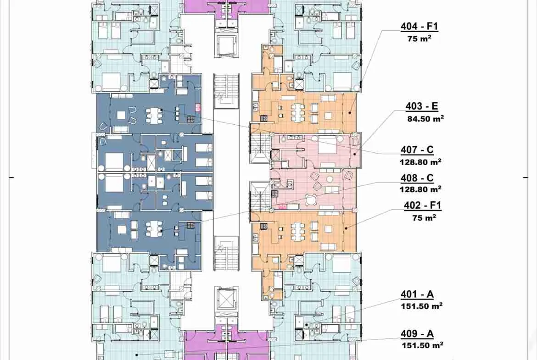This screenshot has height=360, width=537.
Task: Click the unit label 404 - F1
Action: coord(419,26)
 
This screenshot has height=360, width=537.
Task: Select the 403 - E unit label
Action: coord(422,106)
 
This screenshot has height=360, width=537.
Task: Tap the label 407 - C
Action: coord(417,150)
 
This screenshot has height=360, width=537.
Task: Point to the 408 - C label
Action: coord(417,178)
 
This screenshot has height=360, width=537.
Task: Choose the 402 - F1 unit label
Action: coord(423,205)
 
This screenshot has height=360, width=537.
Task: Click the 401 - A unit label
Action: coord(417,294)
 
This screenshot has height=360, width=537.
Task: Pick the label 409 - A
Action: coord(417,334)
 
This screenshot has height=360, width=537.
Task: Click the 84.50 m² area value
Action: coord(425,119)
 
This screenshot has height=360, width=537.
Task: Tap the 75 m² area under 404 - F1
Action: coord(419,39)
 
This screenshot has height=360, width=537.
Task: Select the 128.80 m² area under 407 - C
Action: coord(420,162)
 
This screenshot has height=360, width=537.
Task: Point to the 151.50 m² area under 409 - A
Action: coord(423,345)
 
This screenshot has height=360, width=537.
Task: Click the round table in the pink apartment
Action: coord(310,199)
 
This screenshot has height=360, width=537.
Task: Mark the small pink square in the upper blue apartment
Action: coord(198,108)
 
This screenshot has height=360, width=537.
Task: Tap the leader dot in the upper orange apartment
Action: coord(349,112)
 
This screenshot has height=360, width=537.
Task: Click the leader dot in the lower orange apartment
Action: coord(346,228)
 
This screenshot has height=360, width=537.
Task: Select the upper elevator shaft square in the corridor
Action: coord(227,45)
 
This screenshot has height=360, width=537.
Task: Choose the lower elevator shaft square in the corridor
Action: coord(226,299)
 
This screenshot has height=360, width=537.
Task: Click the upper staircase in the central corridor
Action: coord(226,91)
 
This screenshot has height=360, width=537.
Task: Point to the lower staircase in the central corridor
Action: coord(226,253)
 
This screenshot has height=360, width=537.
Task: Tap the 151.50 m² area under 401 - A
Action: coord(422,306)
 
